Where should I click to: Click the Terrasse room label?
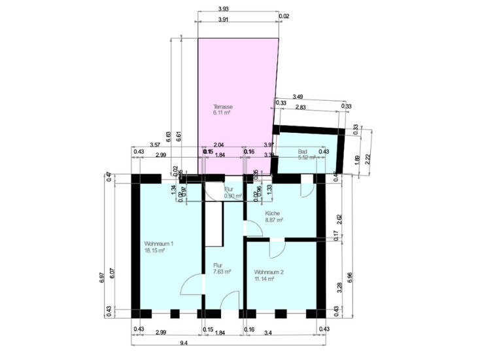(x=223, y=107)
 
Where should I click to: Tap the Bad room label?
(x=302, y=151)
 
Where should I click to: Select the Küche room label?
(x=273, y=213)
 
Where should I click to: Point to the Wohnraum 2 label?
(x=269, y=272)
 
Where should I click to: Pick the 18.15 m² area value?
(x=155, y=251)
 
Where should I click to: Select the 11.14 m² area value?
(x=264, y=279)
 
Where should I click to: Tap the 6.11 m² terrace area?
(x=222, y=113)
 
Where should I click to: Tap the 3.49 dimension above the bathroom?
(x=298, y=97)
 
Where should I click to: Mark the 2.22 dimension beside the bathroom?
(x=369, y=157)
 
